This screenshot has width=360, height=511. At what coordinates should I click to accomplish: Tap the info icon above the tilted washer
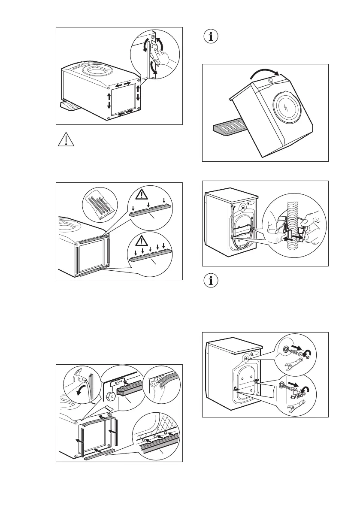(x=210, y=36)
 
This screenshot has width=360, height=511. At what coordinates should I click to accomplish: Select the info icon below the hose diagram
(x=210, y=281)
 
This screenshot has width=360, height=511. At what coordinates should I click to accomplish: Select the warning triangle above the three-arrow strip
(x=142, y=194)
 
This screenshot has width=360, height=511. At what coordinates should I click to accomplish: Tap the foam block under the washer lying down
(x=69, y=105)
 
